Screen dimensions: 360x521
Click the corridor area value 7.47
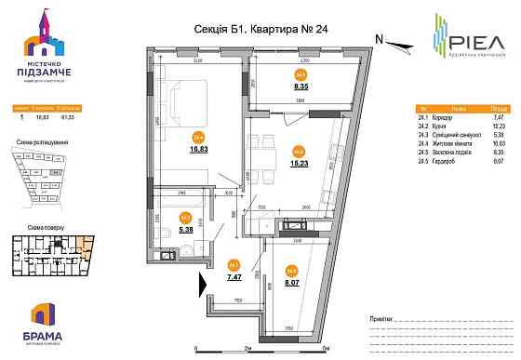point(235,276)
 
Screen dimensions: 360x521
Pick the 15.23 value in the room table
point(498,126)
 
